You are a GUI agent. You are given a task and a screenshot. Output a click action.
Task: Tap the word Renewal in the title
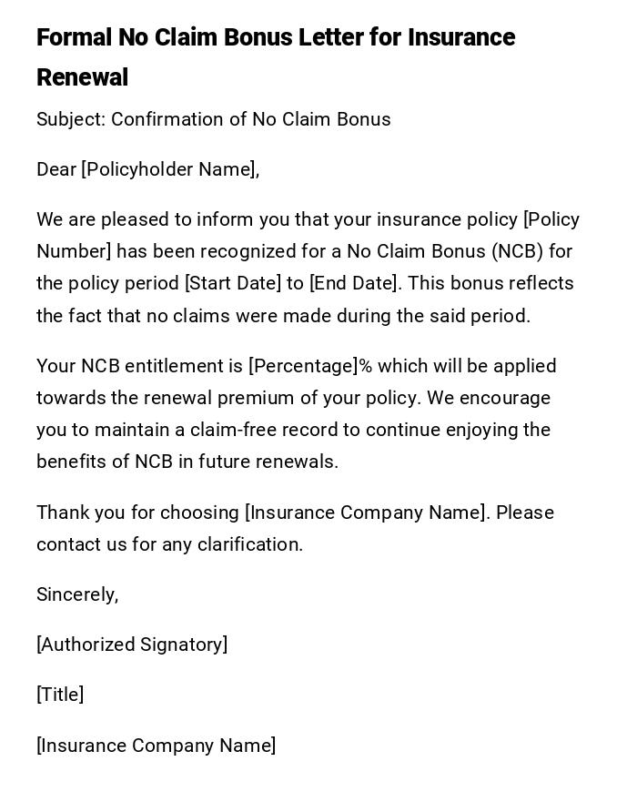point(82,78)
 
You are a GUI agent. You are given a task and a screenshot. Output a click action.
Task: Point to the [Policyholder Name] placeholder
point(170,169)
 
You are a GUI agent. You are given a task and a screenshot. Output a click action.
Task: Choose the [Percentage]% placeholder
point(310,366)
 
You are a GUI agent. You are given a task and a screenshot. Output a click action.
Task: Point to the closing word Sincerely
point(77,594)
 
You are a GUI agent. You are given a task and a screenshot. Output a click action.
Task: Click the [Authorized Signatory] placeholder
point(132,645)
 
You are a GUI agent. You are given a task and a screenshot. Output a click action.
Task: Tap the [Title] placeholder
point(60,695)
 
